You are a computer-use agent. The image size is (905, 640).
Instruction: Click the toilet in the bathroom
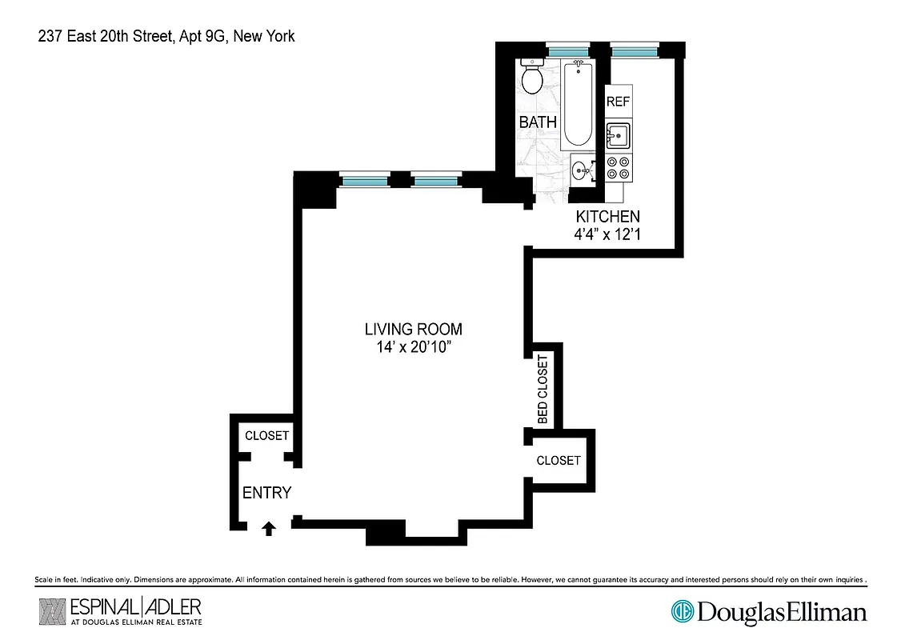531,76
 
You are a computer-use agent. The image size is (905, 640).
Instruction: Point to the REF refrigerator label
618,102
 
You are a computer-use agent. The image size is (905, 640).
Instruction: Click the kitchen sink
619,136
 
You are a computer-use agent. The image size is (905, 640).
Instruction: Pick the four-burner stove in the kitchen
619,168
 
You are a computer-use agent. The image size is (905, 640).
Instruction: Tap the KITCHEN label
608,217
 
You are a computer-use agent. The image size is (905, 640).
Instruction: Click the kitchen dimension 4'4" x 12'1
608,235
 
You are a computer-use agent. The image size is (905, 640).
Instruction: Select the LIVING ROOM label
413,329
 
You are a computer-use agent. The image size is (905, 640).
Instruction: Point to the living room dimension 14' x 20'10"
413,347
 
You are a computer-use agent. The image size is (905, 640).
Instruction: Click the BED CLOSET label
543,390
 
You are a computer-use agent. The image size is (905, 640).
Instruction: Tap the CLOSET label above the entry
266,436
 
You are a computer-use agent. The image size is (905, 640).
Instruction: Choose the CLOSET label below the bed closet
559,461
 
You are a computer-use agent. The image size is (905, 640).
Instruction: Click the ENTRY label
266,493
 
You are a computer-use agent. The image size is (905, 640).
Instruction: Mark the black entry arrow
269,528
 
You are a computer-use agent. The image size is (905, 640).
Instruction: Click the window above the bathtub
568,50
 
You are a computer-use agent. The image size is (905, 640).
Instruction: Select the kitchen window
634,50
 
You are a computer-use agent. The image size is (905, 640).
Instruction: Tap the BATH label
538,122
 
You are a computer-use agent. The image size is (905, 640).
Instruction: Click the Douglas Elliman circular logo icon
682,612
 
